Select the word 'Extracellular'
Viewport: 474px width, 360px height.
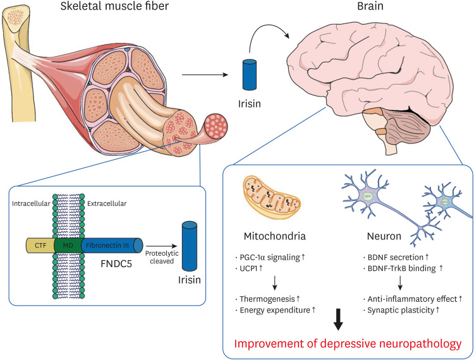point(107,205)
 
